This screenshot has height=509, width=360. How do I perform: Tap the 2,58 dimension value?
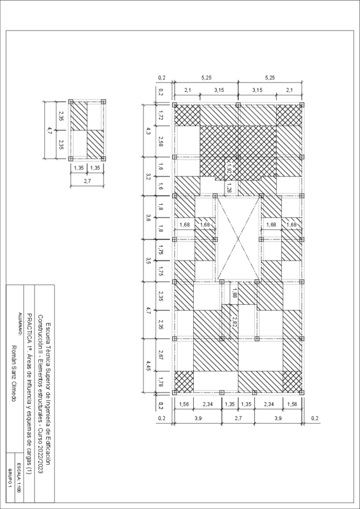pos(161,141)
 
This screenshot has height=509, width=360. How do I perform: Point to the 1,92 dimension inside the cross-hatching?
pos(229,169)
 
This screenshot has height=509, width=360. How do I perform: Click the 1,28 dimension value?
pos(229,189)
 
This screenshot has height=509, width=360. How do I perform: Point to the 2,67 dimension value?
pos(161,355)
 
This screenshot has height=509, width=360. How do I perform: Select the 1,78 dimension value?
pos(161,382)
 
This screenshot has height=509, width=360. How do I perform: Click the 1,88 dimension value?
pos(234,294)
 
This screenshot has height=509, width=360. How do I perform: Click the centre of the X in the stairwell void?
pos(239,238)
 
